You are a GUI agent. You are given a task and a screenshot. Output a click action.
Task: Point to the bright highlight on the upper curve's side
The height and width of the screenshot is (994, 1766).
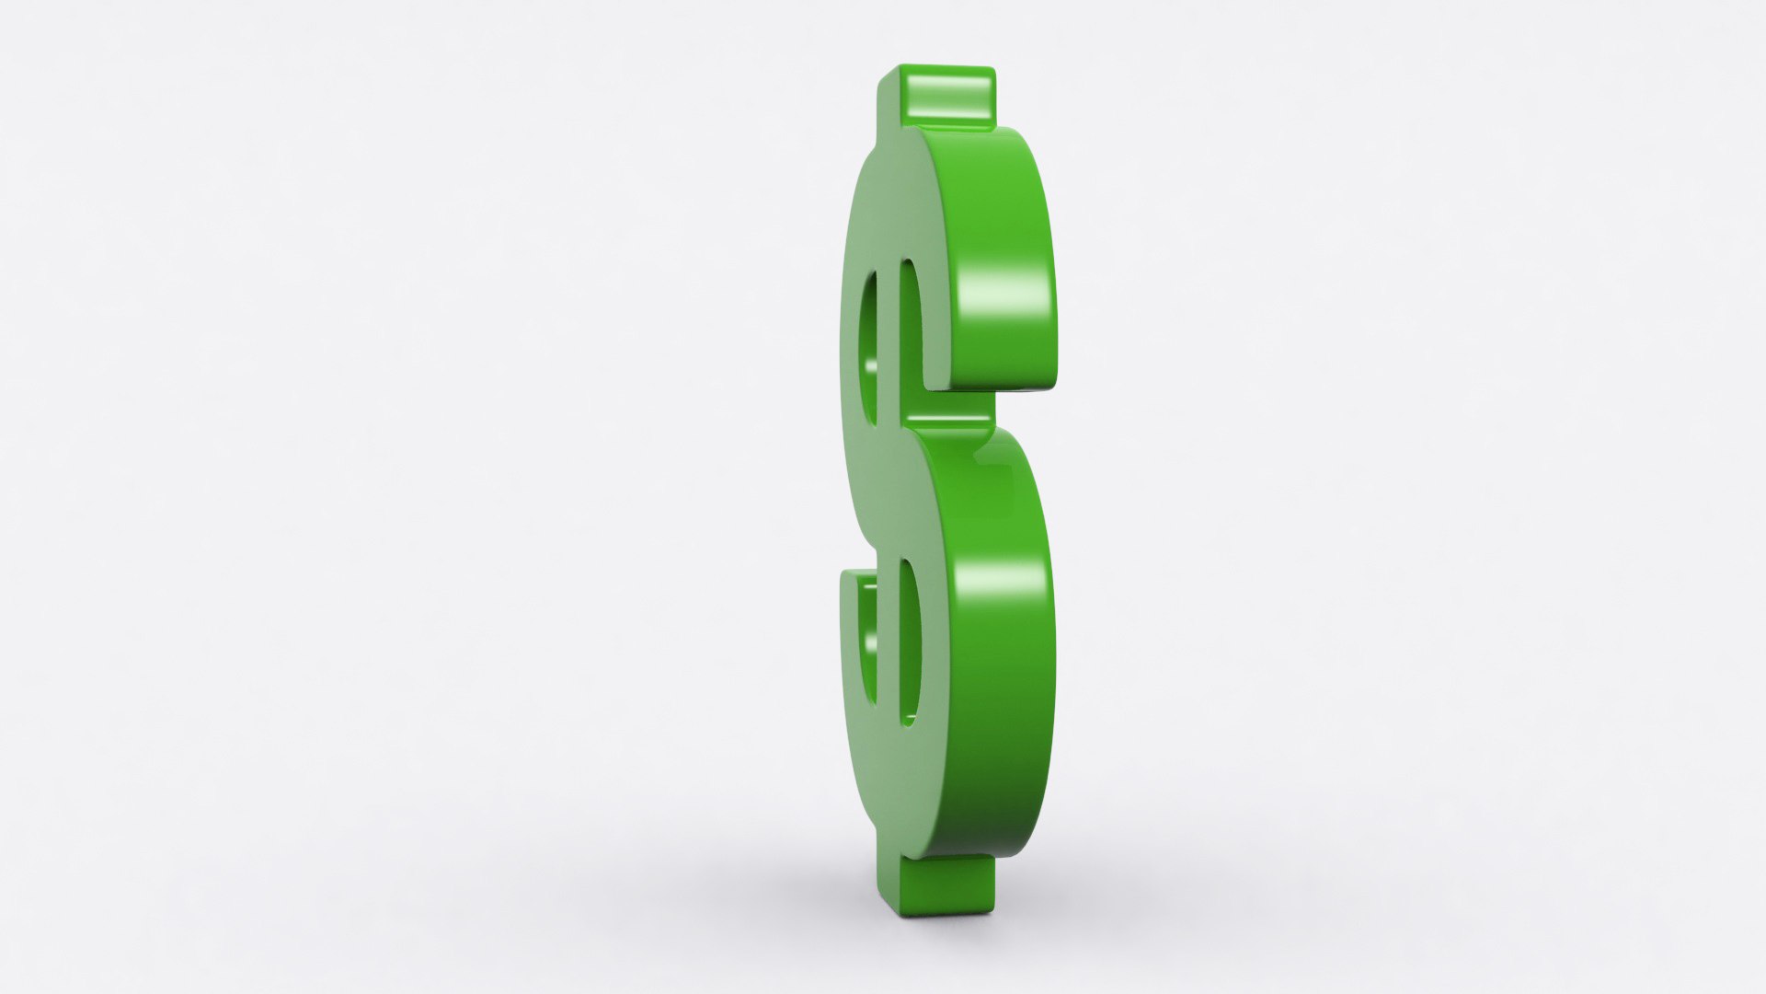[1007, 295]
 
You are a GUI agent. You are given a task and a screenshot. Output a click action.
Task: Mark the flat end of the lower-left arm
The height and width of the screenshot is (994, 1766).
[855, 575]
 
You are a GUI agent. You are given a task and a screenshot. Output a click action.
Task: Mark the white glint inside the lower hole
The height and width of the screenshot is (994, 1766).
[869, 635]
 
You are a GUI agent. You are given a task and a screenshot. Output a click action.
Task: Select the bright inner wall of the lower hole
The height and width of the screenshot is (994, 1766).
[909, 644]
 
